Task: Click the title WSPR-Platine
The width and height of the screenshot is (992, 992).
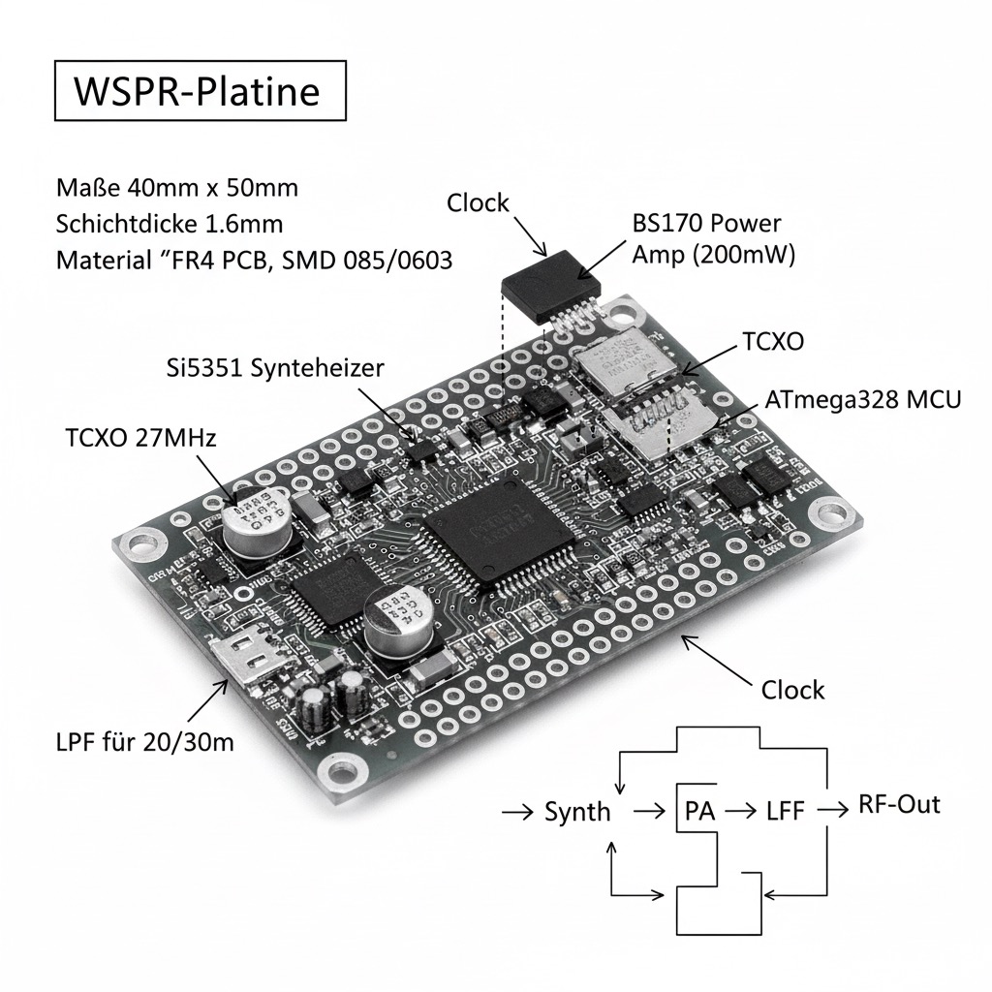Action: (x=197, y=91)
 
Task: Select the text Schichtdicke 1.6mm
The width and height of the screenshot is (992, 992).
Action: (x=170, y=224)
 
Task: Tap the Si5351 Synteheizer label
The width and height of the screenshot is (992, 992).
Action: (x=273, y=367)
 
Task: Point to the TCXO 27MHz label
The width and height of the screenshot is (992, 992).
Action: (x=141, y=437)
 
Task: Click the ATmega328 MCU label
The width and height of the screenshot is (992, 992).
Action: (x=862, y=399)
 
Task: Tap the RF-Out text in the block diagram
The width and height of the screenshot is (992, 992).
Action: (x=899, y=805)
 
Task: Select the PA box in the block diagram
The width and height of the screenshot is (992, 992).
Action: (x=699, y=810)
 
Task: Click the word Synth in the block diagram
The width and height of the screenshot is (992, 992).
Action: (x=577, y=811)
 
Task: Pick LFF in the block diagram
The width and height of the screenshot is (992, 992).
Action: (x=785, y=810)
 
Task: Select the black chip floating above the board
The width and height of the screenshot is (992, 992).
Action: (x=550, y=282)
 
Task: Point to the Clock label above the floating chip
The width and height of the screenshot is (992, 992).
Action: (x=478, y=202)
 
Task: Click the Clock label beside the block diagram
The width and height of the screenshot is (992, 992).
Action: (x=792, y=690)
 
